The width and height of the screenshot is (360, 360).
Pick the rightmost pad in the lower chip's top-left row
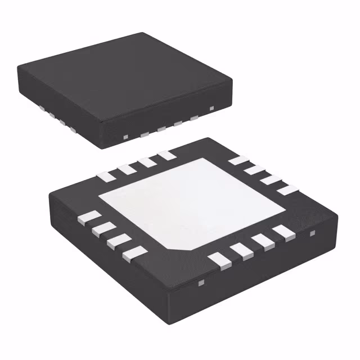pyautogui.click(x=165, y=155)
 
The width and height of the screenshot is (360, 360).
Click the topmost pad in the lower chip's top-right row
pyautogui.click(x=238, y=160)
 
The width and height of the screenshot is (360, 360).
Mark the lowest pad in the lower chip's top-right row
pyautogui.click(x=286, y=190)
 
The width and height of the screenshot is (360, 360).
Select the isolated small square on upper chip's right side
pyautogui.click(x=211, y=107)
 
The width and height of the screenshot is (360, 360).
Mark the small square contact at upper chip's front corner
pyautogui.click(x=125, y=137)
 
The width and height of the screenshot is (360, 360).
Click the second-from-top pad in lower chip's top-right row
pyautogui.click(x=254, y=169)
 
